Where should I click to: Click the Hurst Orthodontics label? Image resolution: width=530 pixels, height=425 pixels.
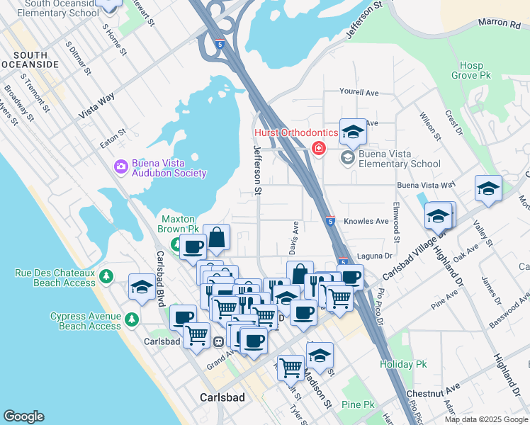click(x=282, y=132)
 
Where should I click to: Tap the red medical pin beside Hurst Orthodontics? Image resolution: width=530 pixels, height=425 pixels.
click(x=319, y=148)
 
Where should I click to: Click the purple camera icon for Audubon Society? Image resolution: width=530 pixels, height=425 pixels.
click(x=120, y=166)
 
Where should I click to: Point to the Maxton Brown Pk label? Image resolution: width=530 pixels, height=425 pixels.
click(x=178, y=224)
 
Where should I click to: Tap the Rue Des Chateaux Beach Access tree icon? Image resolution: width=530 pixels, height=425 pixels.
click(x=106, y=276)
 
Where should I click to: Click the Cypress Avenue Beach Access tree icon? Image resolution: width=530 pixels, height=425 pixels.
click(x=132, y=320)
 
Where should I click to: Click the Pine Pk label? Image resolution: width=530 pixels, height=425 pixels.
click(x=357, y=404)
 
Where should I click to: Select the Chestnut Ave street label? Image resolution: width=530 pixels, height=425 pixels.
click(x=433, y=390)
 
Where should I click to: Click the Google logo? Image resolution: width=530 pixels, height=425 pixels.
click(x=23, y=416)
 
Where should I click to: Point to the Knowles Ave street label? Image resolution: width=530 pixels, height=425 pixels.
click(x=366, y=221)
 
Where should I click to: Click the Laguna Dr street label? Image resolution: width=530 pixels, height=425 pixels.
click(x=377, y=256)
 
